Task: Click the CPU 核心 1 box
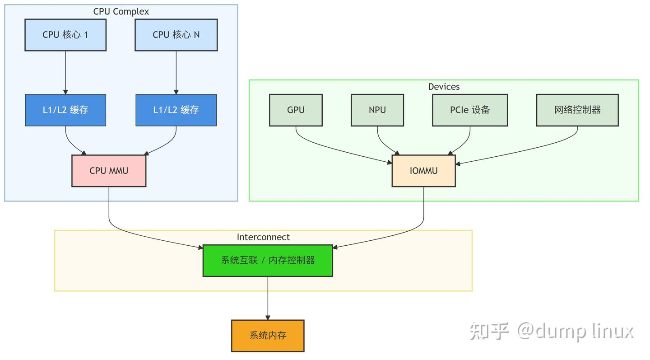click(x=65, y=35)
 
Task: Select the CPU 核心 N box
click(x=176, y=35)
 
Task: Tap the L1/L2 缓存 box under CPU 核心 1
click(x=65, y=110)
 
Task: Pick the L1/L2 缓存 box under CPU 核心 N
click(x=176, y=110)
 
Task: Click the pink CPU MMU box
click(x=109, y=171)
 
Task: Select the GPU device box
click(x=296, y=110)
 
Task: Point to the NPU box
click(x=377, y=110)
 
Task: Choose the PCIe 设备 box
click(x=470, y=110)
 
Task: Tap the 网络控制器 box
click(x=577, y=110)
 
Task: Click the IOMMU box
click(x=423, y=171)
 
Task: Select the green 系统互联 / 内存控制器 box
click(x=268, y=260)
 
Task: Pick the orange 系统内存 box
click(x=268, y=336)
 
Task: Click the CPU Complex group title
click(x=121, y=12)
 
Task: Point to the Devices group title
click(x=444, y=87)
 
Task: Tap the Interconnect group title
click(x=263, y=237)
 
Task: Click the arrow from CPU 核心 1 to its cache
click(x=65, y=72)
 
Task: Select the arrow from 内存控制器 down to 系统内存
click(x=268, y=298)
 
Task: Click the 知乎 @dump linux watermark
click(x=552, y=331)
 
